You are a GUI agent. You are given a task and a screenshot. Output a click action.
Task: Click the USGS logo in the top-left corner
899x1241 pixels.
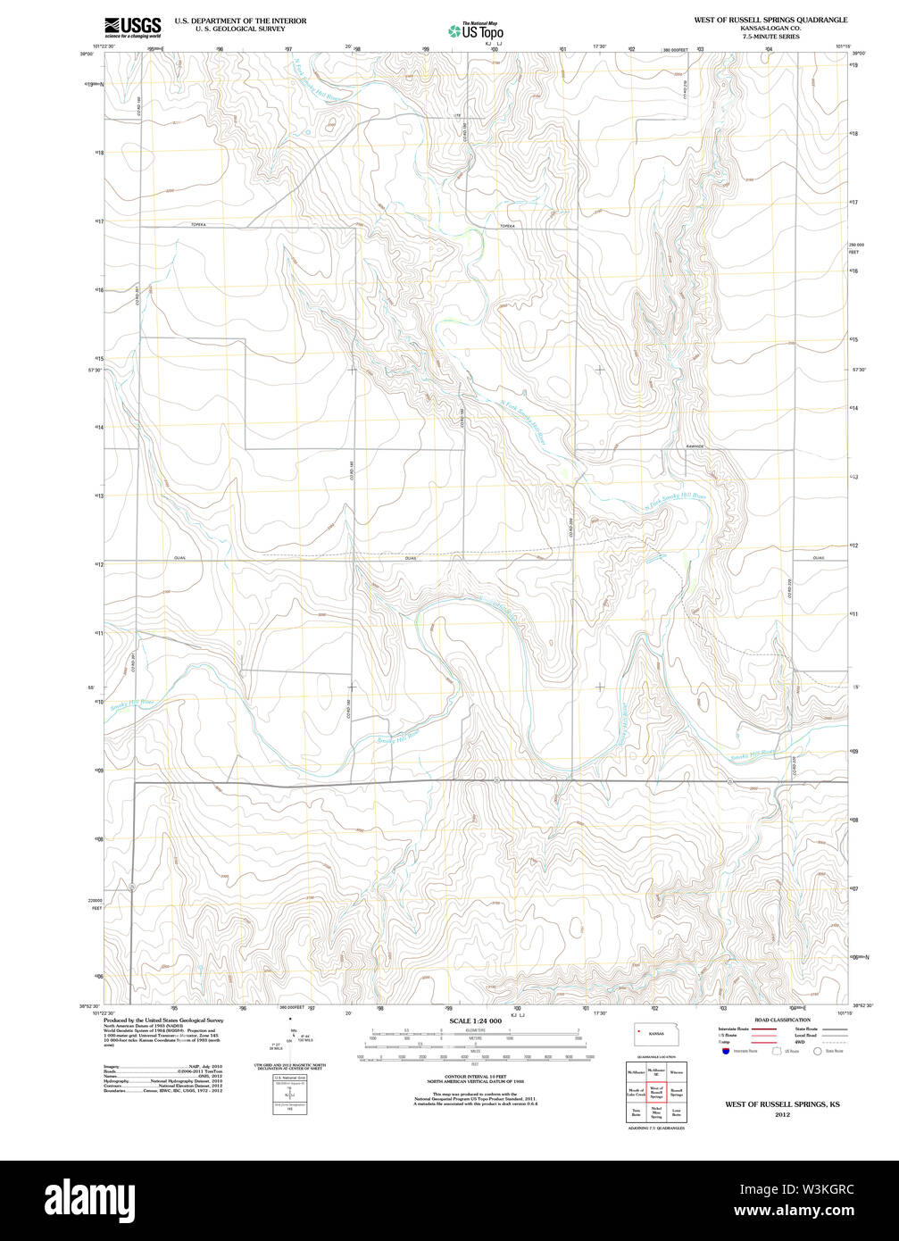tap(132, 25)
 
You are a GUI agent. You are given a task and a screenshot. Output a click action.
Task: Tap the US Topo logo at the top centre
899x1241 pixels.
tap(477, 30)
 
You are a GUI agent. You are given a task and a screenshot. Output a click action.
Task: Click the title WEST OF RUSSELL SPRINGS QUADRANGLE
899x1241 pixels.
tap(770, 20)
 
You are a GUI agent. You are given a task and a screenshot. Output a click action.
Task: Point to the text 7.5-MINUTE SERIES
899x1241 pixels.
tap(770, 37)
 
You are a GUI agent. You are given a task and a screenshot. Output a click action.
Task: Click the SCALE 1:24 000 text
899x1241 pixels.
tap(476, 1020)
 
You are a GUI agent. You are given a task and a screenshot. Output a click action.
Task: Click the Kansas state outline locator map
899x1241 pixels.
tap(656, 1033)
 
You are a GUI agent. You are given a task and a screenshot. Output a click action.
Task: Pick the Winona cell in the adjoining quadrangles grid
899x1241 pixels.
tap(677, 1071)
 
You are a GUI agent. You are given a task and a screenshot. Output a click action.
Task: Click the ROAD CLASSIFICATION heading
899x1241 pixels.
tap(782, 1020)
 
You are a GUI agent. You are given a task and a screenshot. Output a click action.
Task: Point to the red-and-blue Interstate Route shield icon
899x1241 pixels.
tap(726, 1051)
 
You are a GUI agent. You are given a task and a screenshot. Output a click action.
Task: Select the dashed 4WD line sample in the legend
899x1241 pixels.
tap(834, 1042)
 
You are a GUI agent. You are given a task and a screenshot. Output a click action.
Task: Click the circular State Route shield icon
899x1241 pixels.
tap(817, 1051)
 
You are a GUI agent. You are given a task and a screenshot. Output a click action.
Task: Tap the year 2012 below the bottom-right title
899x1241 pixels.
tap(782, 1115)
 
